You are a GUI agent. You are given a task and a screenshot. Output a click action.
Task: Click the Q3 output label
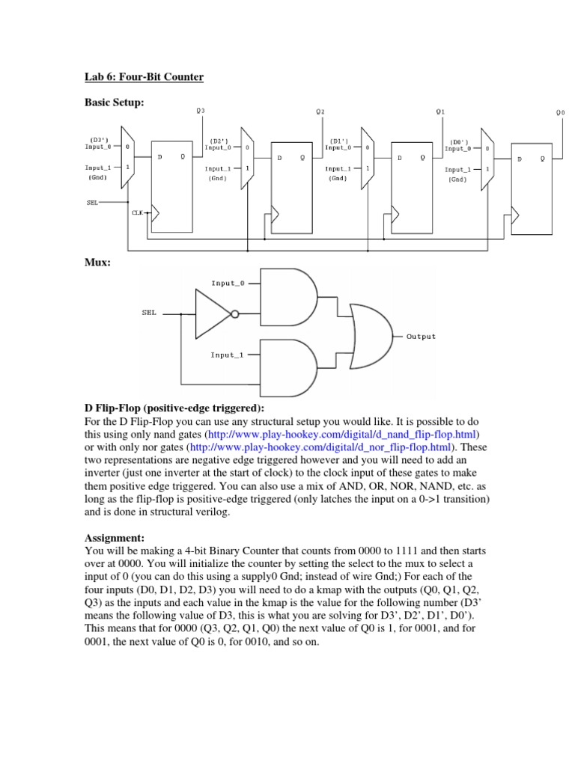[x=200, y=111]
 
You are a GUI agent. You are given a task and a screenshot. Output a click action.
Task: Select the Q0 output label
[x=561, y=112]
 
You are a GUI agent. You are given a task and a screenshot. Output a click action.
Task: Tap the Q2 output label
[x=320, y=111]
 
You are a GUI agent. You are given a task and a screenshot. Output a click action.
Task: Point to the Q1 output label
[x=440, y=111]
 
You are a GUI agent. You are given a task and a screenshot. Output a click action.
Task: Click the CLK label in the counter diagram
[x=137, y=212]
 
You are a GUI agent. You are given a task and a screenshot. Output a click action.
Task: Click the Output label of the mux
[x=421, y=337]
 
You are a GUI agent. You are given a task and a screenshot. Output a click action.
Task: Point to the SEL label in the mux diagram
[x=149, y=313]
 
